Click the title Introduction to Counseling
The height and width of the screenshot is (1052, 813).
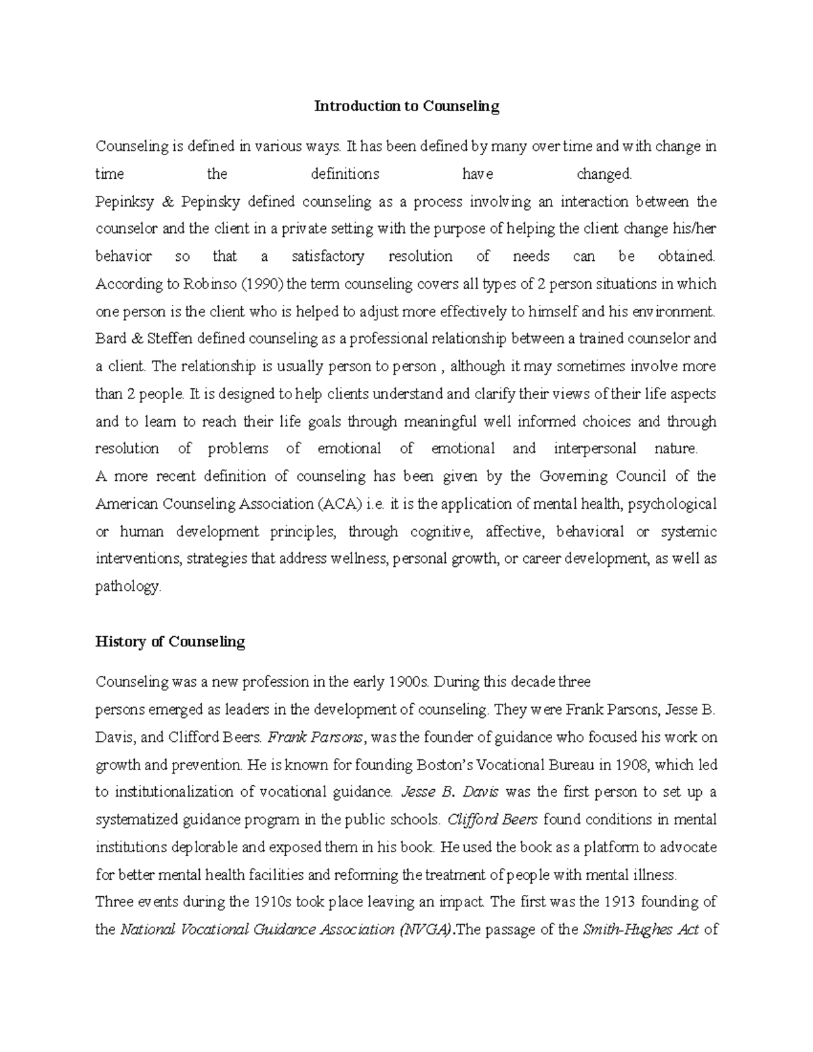coord(406,106)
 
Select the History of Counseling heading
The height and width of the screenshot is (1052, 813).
coord(170,641)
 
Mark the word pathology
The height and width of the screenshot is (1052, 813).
coord(128,587)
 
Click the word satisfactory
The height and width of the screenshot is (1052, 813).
coord(327,257)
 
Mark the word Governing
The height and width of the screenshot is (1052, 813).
coord(574,476)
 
